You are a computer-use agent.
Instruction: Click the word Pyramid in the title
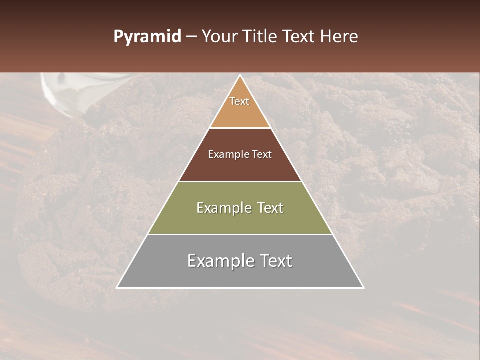point(147,37)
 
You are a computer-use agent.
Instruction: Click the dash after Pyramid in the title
point(191,37)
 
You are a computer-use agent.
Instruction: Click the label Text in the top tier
point(239,101)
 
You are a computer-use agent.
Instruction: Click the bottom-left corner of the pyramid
point(117,287)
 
